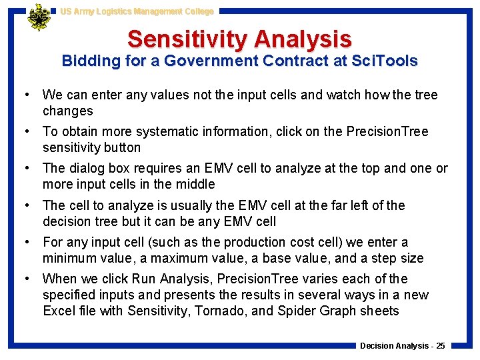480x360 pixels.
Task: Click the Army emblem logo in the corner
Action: tap(39, 18)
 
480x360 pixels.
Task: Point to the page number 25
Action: tap(439, 345)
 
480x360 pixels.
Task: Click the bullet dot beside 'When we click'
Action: tap(31, 279)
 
